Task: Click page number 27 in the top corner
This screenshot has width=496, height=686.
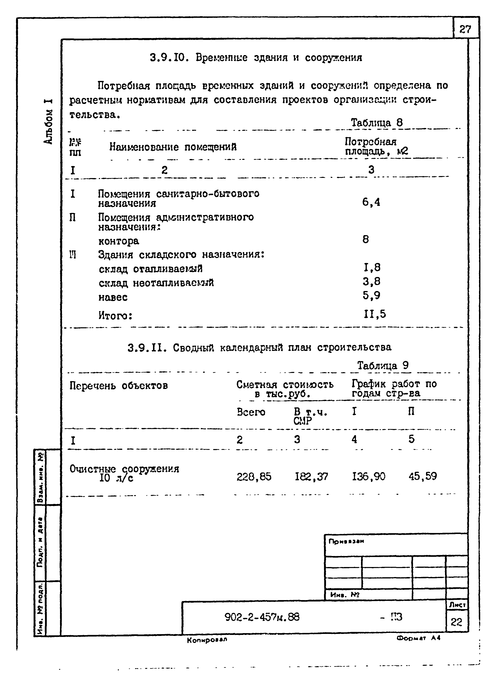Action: pos(465,29)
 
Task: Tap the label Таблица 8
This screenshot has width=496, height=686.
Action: pos(376,123)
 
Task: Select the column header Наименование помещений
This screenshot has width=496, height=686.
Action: pos(173,147)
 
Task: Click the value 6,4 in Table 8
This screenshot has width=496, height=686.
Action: pos(371,202)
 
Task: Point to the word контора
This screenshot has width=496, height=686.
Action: pos(119,241)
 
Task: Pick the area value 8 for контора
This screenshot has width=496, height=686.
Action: pos(366,240)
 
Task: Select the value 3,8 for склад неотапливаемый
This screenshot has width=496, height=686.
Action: pos(372,282)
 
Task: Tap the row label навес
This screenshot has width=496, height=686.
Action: pos(113,297)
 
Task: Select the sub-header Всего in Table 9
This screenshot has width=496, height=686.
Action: pos(251,412)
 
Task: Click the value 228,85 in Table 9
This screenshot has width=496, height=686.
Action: pos(254,477)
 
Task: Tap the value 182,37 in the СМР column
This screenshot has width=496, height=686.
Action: pos(311,477)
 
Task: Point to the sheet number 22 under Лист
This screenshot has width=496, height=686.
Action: pos(456,622)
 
